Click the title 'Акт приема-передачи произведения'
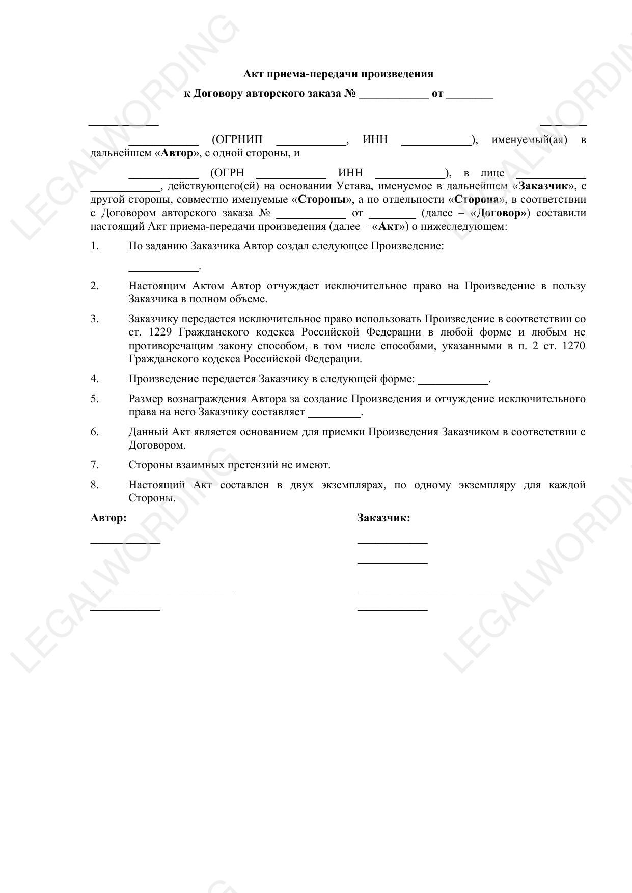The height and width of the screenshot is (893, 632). (x=338, y=74)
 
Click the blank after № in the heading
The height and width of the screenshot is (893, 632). (x=393, y=95)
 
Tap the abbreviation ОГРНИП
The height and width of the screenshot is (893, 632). (x=237, y=140)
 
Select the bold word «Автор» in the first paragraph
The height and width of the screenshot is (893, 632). (x=177, y=153)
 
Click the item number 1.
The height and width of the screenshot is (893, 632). (x=95, y=246)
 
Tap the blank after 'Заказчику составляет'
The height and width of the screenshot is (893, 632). (x=334, y=413)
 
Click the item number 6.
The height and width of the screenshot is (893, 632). (x=95, y=432)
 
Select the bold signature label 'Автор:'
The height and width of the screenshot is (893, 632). (x=108, y=518)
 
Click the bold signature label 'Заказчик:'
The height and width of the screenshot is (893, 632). (x=383, y=518)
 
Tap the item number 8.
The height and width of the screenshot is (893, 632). (x=95, y=485)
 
